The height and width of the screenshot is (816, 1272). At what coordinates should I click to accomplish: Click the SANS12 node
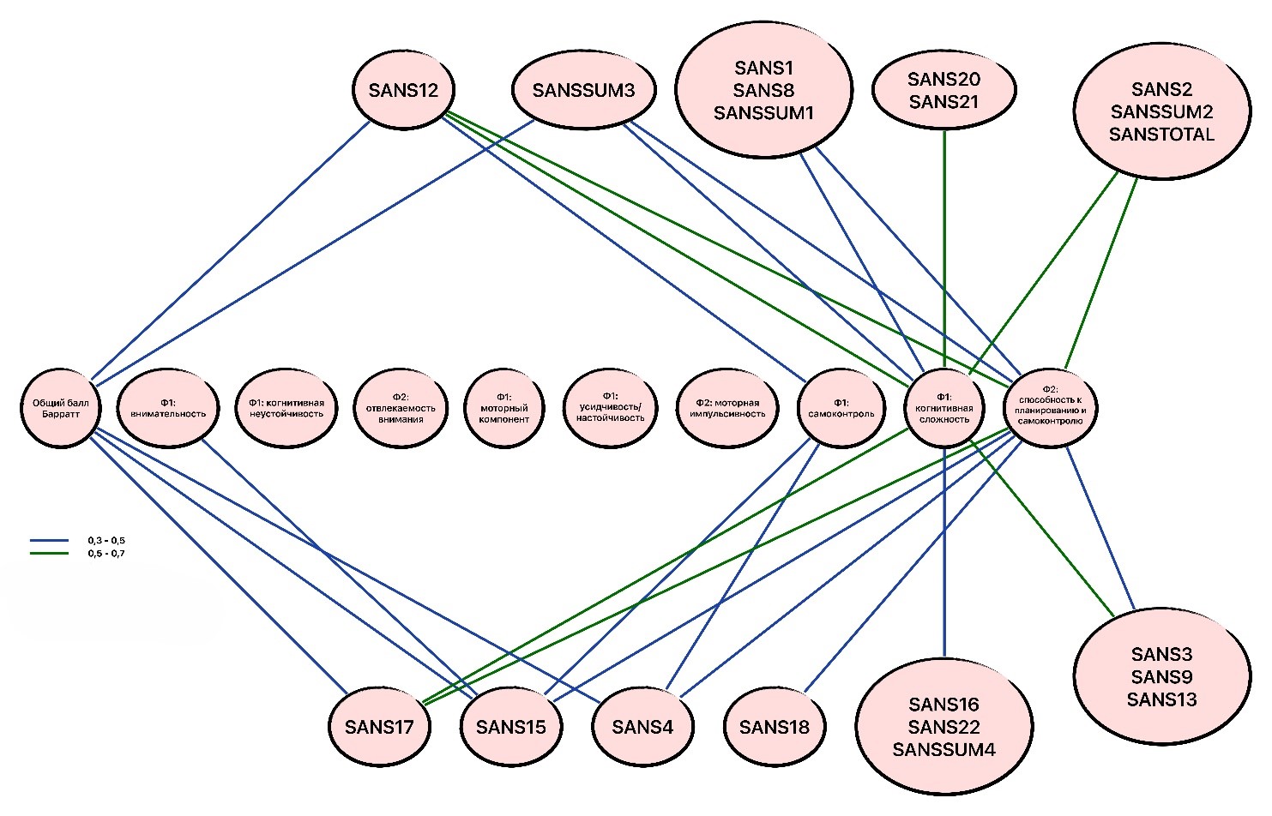pyautogui.click(x=403, y=90)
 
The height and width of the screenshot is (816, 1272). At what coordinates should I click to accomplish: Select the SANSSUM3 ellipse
pyautogui.click(x=583, y=90)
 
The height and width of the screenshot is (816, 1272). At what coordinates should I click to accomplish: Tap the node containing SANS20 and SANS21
pyautogui.click(x=943, y=90)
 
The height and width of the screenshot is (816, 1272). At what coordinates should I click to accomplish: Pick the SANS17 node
pyautogui.click(x=379, y=727)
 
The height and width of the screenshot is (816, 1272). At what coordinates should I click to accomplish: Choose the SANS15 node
pyautogui.click(x=511, y=727)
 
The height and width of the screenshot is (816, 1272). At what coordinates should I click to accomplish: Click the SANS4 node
pyautogui.click(x=642, y=727)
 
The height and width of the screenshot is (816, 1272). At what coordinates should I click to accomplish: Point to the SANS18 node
pyautogui.click(x=774, y=727)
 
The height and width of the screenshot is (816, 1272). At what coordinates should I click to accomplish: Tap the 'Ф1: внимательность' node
pyautogui.click(x=168, y=408)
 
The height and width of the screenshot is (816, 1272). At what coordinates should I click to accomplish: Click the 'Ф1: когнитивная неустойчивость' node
pyautogui.click(x=286, y=408)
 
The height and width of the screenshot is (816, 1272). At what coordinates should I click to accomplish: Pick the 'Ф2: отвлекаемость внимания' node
pyautogui.click(x=401, y=408)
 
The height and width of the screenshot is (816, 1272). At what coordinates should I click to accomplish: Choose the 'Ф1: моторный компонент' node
pyautogui.click(x=504, y=408)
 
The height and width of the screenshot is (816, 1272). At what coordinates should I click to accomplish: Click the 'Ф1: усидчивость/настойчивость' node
pyautogui.click(x=611, y=408)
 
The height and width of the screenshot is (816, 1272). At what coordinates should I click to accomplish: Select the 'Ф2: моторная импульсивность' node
pyautogui.click(x=727, y=408)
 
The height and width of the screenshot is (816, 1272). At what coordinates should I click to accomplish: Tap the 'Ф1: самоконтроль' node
pyautogui.click(x=841, y=408)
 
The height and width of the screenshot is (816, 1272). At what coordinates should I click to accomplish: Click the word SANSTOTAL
pyautogui.click(x=1161, y=135)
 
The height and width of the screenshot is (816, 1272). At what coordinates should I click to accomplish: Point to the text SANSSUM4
pyautogui.click(x=943, y=750)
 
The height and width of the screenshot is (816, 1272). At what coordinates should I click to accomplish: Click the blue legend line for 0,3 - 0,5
pyautogui.click(x=49, y=541)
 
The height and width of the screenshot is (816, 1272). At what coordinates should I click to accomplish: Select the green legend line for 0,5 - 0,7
pyautogui.click(x=49, y=554)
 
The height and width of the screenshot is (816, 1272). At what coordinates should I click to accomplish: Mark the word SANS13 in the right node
pyautogui.click(x=1161, y=699)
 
